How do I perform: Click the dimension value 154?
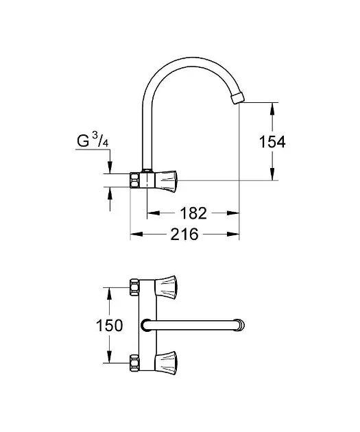(x=272, y=142)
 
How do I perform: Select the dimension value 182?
(x=193, y=213)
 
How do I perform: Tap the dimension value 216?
(x=184, y=235)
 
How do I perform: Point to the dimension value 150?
(x=109, y=326)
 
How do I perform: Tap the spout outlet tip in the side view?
(x=238, y=99)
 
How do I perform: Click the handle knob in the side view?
(x=167, y=181)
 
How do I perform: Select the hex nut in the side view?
(x=134, y=180)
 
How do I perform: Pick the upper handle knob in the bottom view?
(x=166, y=287)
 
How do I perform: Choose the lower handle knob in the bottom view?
(x=166, y=363)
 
